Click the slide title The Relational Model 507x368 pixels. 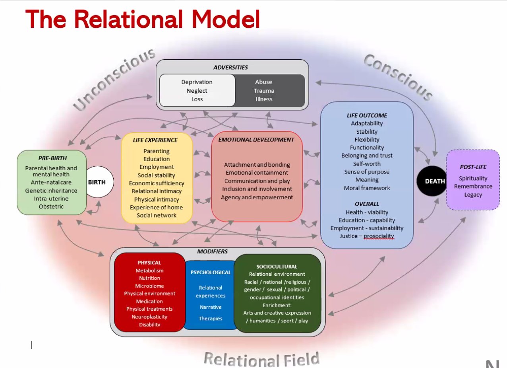(143, 19)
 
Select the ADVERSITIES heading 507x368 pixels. (230, 67)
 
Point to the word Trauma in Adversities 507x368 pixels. (264, 91)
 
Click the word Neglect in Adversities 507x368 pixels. (197, 91)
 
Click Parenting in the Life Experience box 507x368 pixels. (157, 151)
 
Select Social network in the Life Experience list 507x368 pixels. (157, 215)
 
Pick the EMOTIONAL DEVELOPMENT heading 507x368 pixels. (257, 140)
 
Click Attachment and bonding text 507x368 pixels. (257, 165)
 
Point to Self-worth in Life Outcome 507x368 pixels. (367, 164)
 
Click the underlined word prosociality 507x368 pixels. (379, 236)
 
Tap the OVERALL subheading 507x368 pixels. (367, 204)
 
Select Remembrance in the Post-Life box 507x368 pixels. (473, 186)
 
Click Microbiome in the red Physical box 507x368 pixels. (149, 286)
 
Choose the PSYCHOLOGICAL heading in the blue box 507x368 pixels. (211, 273)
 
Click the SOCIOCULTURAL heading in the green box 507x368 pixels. (277, 267)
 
